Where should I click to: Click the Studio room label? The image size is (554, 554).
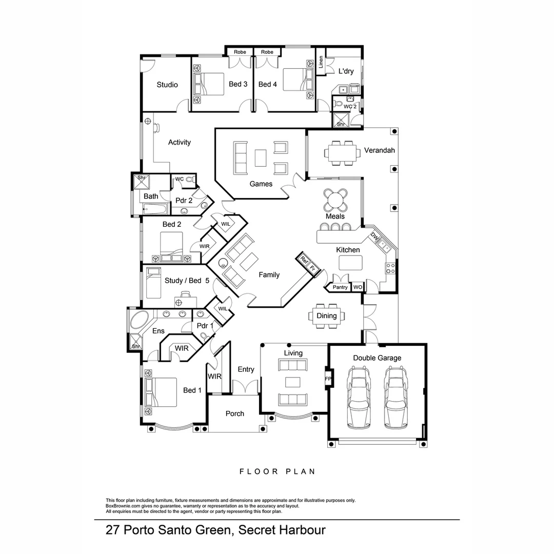click(x=167, y=85)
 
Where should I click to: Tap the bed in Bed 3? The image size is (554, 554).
click(x=209, y=84)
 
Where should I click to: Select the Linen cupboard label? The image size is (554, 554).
click(x=321, y=62)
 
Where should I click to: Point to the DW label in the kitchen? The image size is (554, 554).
click(x=375, y=237)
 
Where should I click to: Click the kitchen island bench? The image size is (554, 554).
click(x=351, y=263)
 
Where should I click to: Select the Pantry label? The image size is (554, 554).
click(x=340, y=287)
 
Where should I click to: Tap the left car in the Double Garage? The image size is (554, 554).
click(x=359, y=397)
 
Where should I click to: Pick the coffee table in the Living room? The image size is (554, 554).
click(x=293, y=382)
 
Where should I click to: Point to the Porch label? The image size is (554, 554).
click(x=235, y=413)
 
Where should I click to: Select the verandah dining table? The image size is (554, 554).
click(x=341, y=152)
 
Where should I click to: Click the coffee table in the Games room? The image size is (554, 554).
click(x=261, y=157)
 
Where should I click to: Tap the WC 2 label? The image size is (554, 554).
click(x=350, y=107)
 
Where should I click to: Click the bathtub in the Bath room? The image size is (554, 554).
click(x=155, y=209)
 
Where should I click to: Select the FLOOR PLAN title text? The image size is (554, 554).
click(x=277, y=471)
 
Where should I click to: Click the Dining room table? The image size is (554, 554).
click(x=326, y=315)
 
